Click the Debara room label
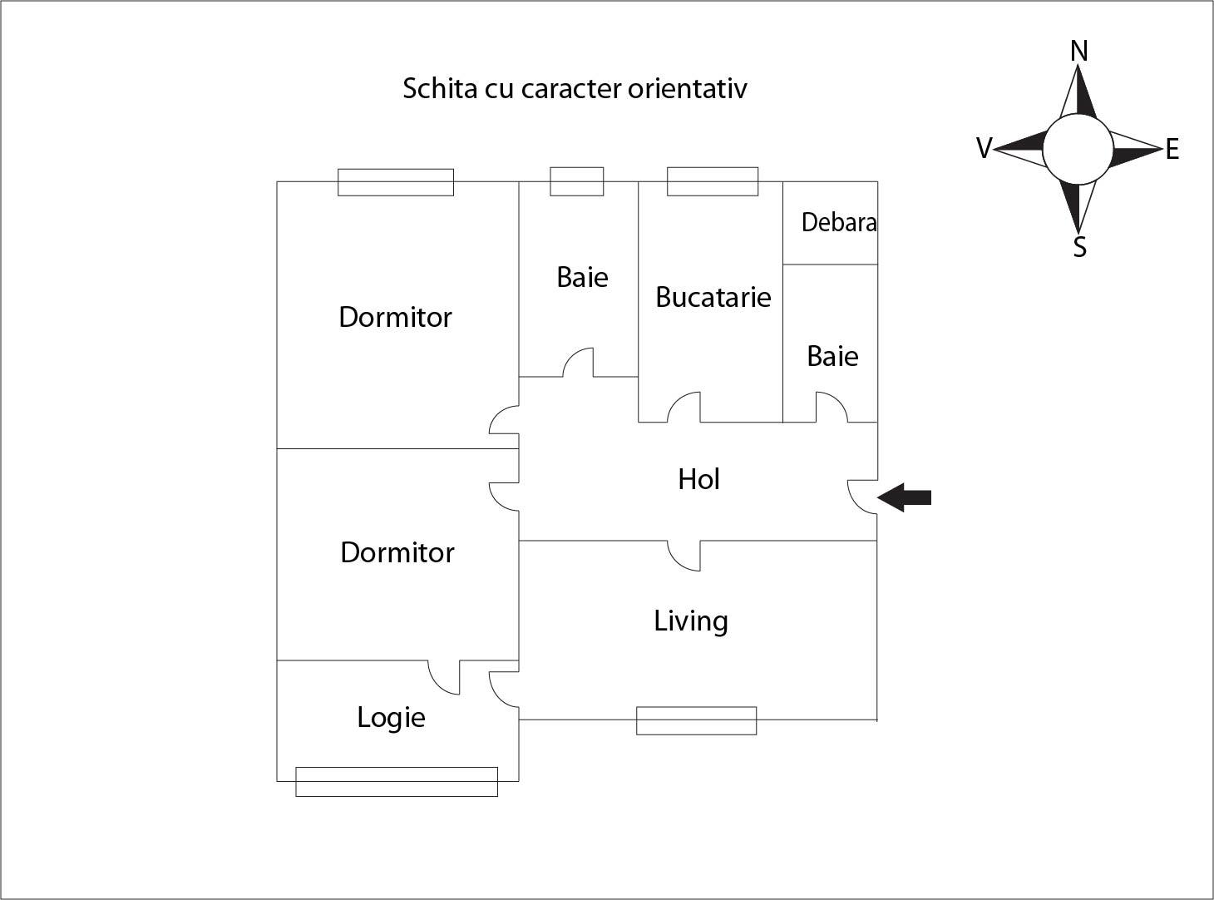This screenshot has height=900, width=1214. point(838,222)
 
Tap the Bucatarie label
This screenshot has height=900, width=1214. point(713,297)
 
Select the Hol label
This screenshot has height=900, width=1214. point(698,479)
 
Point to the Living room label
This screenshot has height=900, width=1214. point(690,621)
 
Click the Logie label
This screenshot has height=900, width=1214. point(391,717)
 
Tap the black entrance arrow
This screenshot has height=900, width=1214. point(905,497)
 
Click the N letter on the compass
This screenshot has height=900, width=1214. point(1078,52)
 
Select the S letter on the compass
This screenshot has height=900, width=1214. point(1079,247)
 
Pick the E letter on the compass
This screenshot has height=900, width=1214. point(1172,150)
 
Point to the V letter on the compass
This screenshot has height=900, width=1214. point(984,149)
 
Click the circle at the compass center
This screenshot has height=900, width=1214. point(1078,149)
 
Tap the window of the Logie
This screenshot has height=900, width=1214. point(397,781)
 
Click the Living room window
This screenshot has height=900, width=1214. point(696,720)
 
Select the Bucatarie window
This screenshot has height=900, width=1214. point(713,181)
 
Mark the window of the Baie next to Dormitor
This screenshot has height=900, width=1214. point(577,181)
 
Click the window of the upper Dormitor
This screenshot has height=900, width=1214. point(396,182)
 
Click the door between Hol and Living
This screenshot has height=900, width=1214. point(684,556)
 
